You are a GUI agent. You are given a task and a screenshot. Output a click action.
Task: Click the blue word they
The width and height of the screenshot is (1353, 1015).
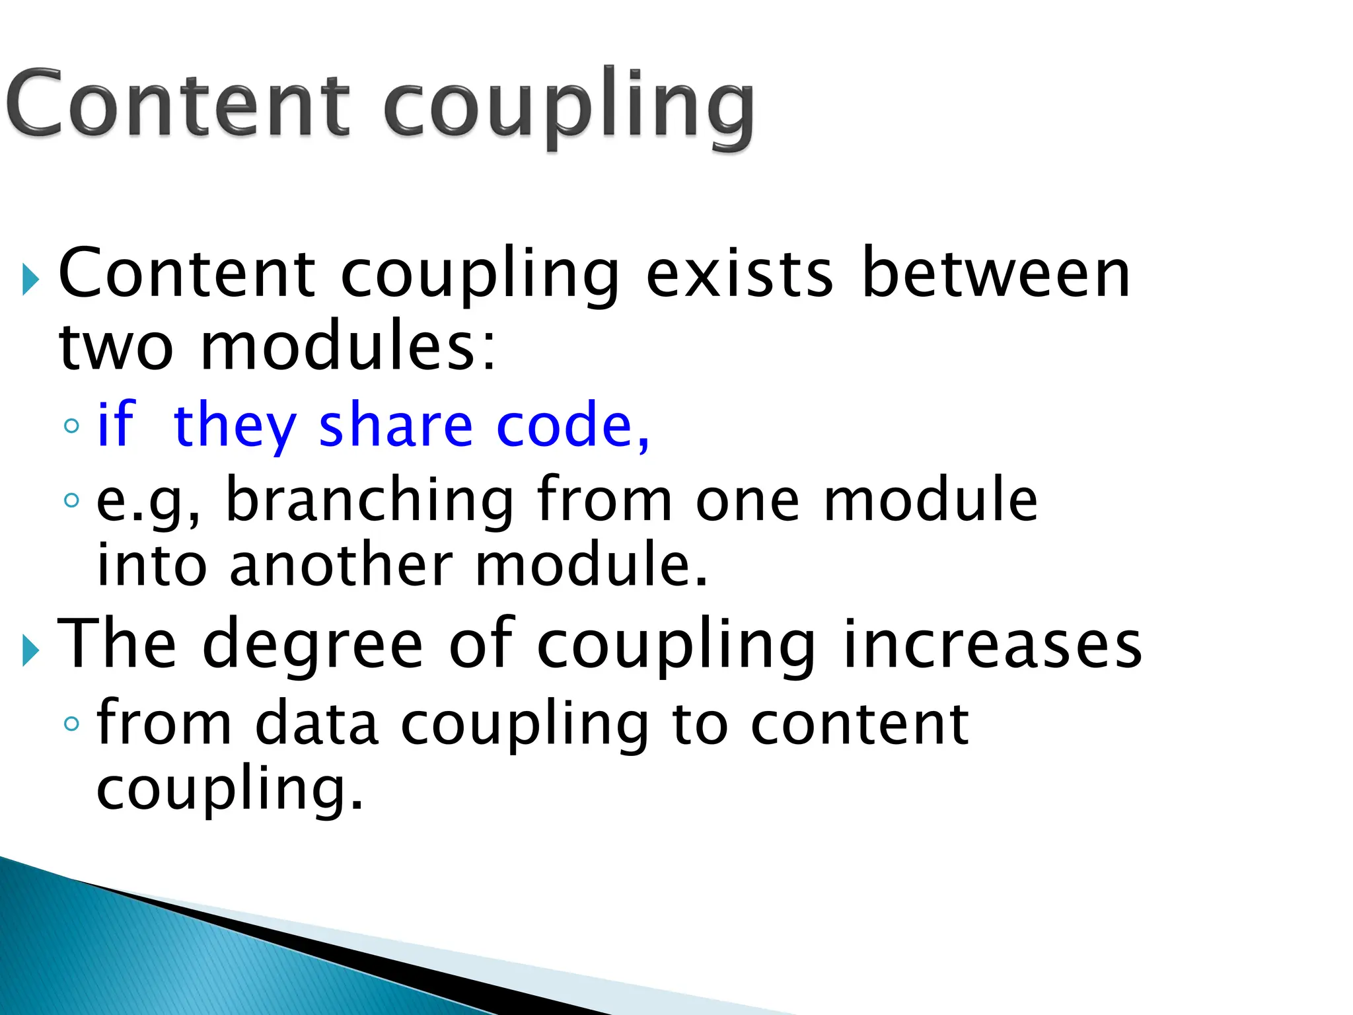point(235,426)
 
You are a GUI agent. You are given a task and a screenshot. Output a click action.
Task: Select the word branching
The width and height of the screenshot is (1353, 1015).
point(370,500)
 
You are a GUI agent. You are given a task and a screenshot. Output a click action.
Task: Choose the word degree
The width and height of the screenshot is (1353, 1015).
point(312,644)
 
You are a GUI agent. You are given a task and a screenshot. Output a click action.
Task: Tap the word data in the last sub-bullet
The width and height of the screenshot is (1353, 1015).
point(316,724)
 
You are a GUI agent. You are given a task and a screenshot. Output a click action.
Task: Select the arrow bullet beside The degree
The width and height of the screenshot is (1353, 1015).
point(30,650)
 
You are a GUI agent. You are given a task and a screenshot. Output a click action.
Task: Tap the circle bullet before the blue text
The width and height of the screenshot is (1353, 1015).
point(71,426)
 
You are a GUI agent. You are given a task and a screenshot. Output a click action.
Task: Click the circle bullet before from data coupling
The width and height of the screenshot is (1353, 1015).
point(71,724)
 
